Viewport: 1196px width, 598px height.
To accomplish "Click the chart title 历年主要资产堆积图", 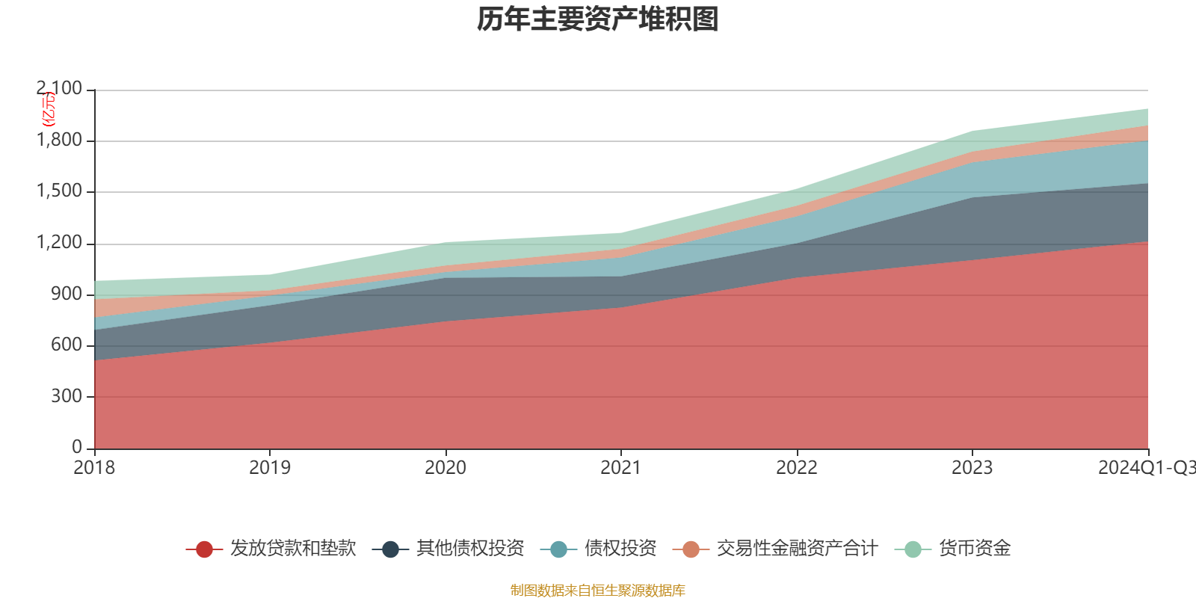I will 598,19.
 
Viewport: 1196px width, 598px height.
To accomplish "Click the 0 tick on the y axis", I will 77,447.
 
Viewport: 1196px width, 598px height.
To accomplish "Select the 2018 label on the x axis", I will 94,468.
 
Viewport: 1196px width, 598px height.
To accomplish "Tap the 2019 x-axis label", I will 270,468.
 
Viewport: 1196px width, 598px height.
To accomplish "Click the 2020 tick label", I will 446,468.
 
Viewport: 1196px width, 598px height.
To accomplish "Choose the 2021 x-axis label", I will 621,468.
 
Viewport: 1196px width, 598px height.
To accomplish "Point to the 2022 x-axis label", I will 797,468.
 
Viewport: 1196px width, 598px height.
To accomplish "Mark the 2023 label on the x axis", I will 972,468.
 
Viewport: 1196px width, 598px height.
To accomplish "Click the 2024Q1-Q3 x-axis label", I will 1146,468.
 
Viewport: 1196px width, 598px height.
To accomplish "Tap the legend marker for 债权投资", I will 558,549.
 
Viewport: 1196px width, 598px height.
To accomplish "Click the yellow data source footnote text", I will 598,591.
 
